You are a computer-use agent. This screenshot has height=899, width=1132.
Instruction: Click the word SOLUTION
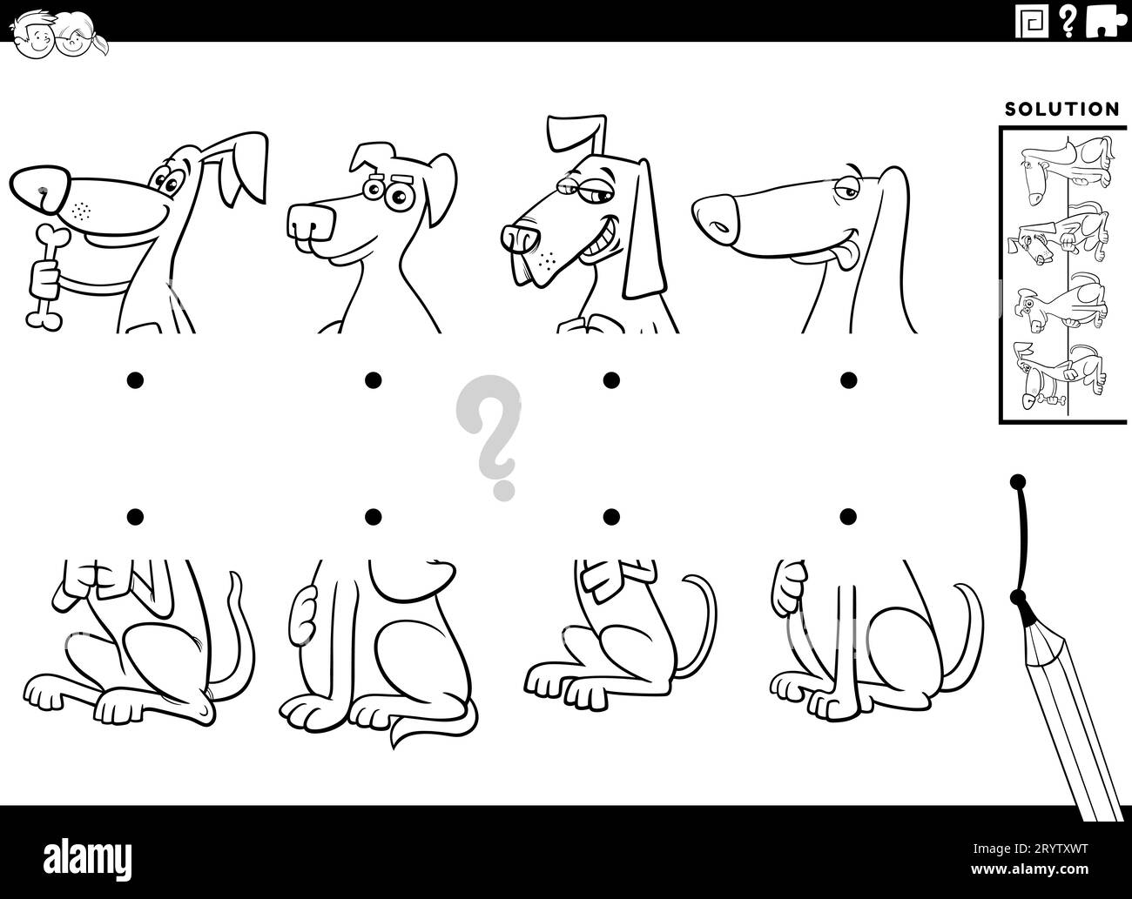[x=1061, y=110]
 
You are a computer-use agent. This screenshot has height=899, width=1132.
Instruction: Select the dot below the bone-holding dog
[x=135, y=379]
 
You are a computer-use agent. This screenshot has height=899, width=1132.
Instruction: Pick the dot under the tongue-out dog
[x=848, y=379]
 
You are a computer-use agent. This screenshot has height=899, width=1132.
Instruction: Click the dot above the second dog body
[x=373, y=517]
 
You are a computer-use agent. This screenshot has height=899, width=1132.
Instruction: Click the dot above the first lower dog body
[x=135, y=517]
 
